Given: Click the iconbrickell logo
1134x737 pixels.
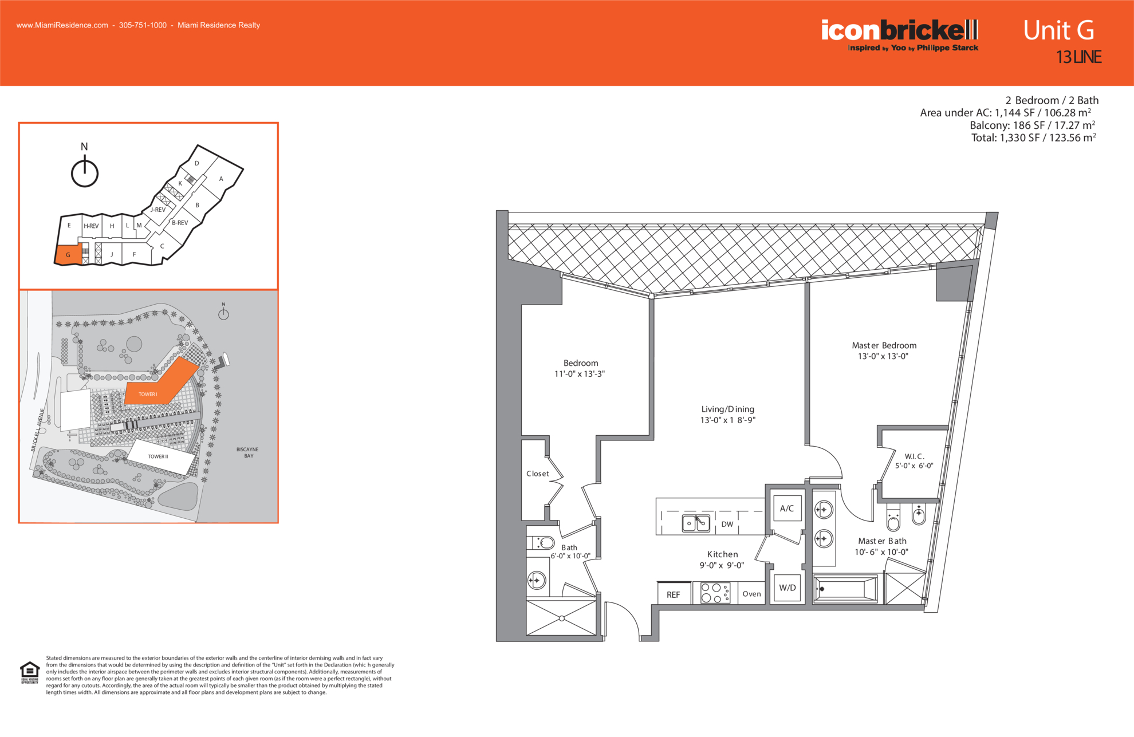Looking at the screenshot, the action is coord(900,35).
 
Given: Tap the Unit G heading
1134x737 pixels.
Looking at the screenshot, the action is coord(1058,30).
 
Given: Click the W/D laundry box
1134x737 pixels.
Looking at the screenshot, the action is coord(787,588).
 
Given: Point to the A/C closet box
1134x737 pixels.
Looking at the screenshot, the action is coord(787,508).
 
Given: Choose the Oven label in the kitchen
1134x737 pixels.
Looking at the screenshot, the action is coord(752,594).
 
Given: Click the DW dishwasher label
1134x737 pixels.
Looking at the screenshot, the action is coord(727,524).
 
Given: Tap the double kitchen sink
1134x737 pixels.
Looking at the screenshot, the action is coord(696,523).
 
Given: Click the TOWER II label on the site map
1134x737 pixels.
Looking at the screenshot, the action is coord(158,456).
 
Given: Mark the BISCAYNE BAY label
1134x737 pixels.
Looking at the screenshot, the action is coord(247,452).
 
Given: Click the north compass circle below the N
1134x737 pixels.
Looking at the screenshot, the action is coord(85,173).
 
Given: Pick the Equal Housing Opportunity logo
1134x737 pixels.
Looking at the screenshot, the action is coord(30,672).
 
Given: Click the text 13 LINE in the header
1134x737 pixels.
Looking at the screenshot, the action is coord(1079,57).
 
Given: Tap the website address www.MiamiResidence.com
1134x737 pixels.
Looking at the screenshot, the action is coord(62,25).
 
